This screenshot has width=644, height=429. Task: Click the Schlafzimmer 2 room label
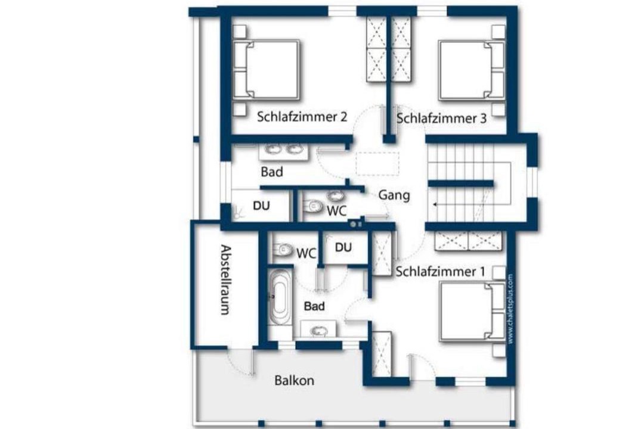click(x=302, y=117)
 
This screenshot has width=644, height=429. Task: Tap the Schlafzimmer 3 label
click(x=441, y=119)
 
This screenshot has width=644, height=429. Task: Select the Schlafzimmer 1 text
click(x=440, y=271)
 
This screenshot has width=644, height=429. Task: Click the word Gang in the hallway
click(x=394, y=195)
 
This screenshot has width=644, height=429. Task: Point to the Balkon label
click(x=294, y=381)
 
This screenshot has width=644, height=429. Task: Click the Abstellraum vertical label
click(x=225, y=279)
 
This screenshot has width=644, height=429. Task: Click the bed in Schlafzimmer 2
click(x=266, y=70)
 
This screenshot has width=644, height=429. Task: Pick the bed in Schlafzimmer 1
click(x=472, y=312)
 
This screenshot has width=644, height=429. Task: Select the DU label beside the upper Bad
click(x=261, y=206)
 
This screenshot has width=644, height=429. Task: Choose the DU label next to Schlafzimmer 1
click(x=343, y=247)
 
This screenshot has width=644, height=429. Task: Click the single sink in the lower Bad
click(x=317, y=330)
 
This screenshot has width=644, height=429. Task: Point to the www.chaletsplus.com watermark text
click(x=510, y=309)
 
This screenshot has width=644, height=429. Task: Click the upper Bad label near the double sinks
click(x=272, y=172)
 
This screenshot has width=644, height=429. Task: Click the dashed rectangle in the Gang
click(x=377, y=163)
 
